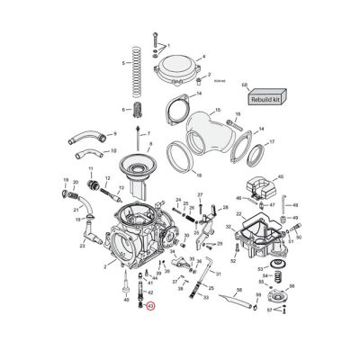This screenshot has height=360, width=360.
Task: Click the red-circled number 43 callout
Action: (151, 308)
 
